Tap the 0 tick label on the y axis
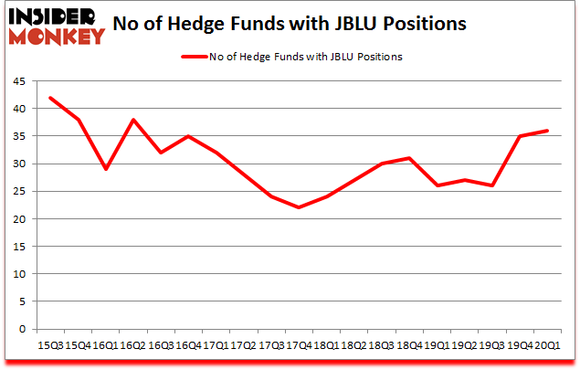[21, 329]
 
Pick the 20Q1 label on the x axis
[548, 345]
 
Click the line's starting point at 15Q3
[51, 98]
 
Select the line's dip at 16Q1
[106, 169]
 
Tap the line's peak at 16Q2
[133, 120]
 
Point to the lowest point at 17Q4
[299, 207]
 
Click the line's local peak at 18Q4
[409, 158]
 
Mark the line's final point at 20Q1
[546, 131]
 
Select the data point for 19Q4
[519, 136]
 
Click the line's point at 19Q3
[491, 185]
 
